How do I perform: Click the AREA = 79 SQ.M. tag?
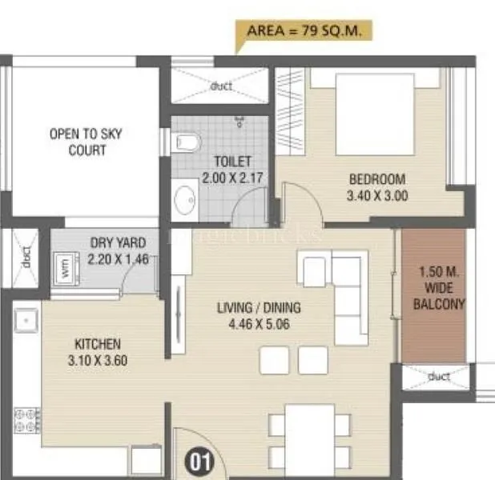305,32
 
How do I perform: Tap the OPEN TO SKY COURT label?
86,142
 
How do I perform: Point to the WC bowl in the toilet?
186,143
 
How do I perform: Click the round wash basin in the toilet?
186,198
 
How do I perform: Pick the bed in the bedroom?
375,112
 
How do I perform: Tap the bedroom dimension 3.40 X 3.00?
376,195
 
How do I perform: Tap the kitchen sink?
26,322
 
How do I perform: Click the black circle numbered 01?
198,461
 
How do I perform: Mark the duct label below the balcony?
439,376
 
